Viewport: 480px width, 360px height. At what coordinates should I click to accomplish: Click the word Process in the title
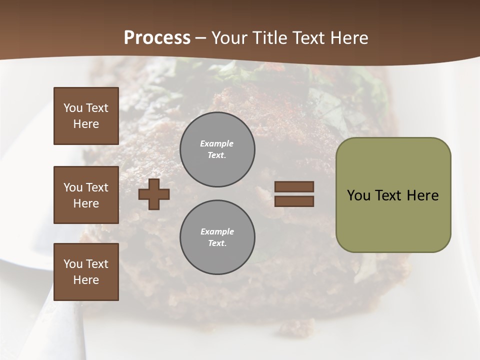[x=157, y=38]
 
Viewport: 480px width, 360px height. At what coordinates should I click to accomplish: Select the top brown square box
[x=86, y=116]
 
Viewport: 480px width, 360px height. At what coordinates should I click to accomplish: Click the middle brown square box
[x=86, y=195]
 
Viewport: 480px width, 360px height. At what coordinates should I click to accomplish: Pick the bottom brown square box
[x=86, y=272]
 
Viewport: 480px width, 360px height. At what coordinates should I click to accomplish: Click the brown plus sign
[x=154, y=194]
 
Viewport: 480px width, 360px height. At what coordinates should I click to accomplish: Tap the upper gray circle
[x=217, y=149]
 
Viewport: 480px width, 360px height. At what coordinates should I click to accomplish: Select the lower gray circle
[x=217, y=237]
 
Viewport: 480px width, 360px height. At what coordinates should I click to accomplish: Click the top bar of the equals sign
[x=294, y=186]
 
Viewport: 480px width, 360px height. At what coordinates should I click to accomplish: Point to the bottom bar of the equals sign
[x=294, y=201]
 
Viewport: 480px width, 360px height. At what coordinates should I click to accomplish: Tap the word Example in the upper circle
[x=217, y=143]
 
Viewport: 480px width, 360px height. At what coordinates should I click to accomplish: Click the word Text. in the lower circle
[x=217, y=243]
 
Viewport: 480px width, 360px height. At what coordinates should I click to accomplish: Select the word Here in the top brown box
[x=86, y=124]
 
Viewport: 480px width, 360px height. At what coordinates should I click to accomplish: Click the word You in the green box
[x=359, y=195]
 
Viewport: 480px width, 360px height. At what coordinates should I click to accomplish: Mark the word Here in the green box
[x=422, y=195]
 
